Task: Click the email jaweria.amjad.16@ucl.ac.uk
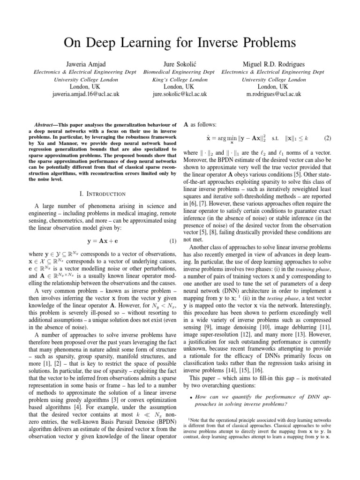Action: click(85, 94)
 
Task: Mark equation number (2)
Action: click(327, 139)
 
